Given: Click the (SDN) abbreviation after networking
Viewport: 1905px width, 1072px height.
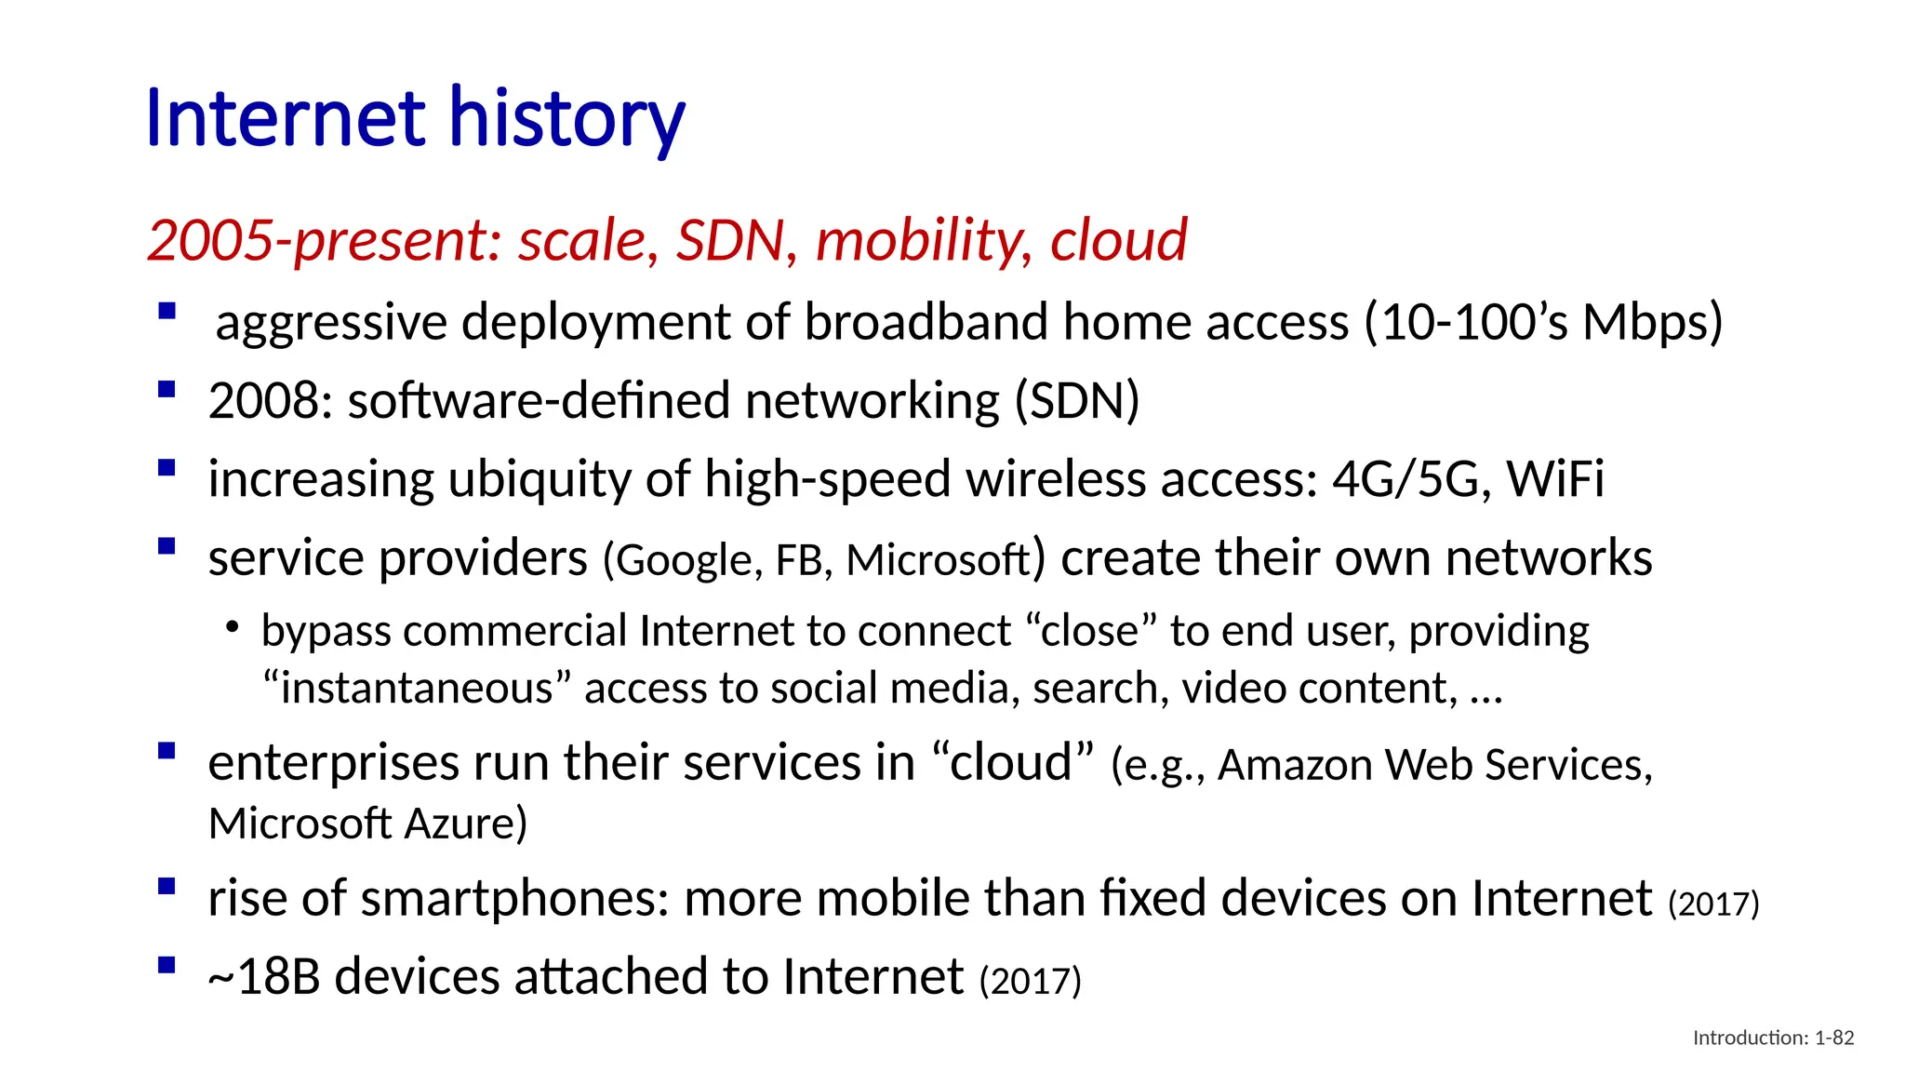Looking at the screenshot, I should click(x=1076, y=401).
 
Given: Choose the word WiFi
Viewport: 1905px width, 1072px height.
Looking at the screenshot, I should click(x=1555, y=479).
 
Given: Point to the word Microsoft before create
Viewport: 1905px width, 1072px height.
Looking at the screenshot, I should click(x=938, y=560).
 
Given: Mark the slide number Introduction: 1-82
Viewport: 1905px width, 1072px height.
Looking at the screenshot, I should click(x=1773, y=1038).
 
